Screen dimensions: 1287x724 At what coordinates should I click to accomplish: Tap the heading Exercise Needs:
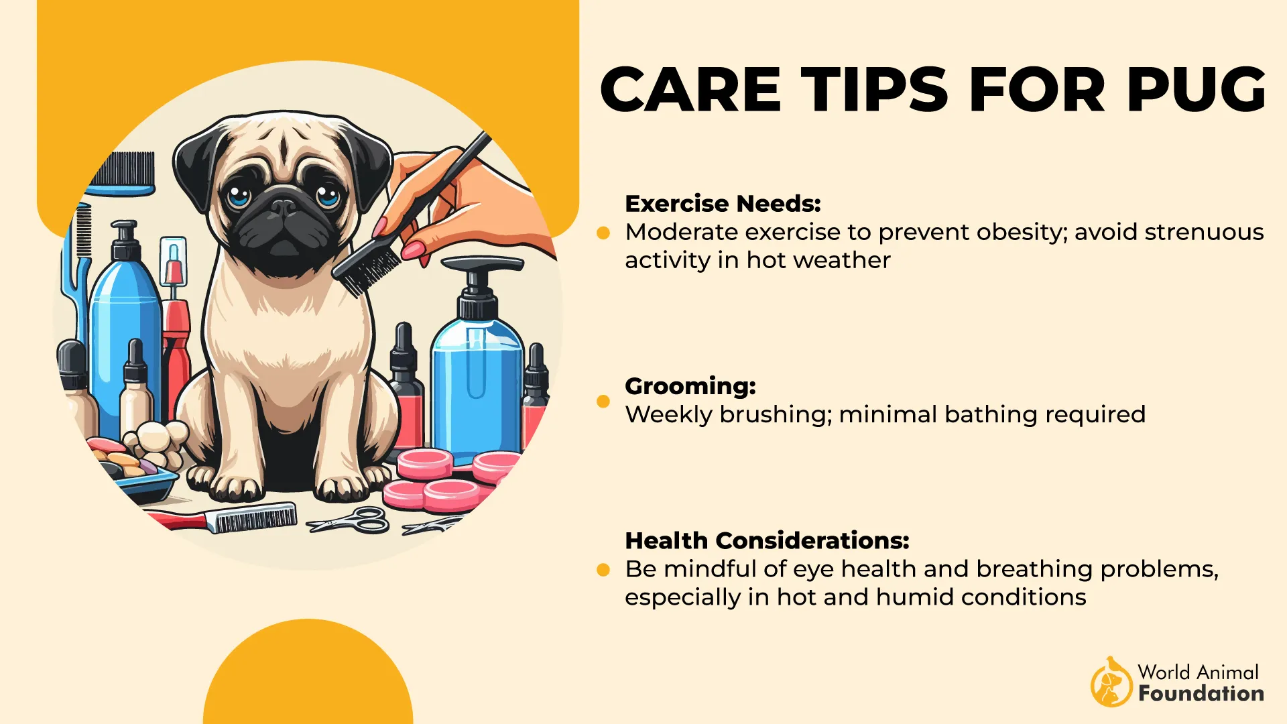(x=723, y=203)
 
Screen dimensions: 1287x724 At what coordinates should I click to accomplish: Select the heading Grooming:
(x=690, y=386)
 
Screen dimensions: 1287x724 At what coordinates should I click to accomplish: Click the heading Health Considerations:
(x=767, y=540)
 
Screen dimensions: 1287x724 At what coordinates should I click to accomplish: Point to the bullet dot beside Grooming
(x=603, y=402)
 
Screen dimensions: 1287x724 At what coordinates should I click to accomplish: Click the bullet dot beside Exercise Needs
(x=603, y=233)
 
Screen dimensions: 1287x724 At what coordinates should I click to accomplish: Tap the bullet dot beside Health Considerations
(x=603, y=570)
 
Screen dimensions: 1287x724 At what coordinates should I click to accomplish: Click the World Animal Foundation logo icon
(x=1111, y=682)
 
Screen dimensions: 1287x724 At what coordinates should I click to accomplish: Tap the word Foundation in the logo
(x=1201, y=694)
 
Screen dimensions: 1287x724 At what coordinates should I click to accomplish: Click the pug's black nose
(x=283, y=206)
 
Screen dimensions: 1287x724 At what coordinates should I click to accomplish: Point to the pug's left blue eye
(x=237, y=196)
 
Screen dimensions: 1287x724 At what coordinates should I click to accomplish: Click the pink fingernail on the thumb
(x=413, y=250)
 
